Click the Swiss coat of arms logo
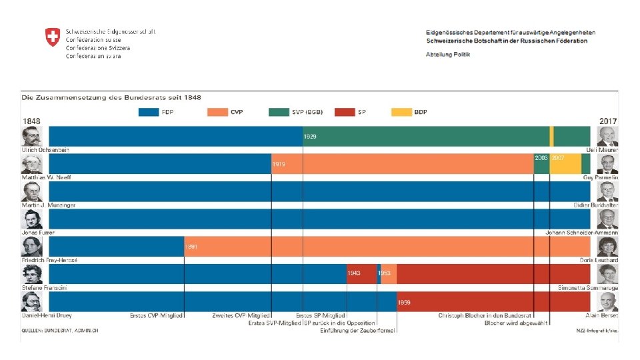tap(52, 37)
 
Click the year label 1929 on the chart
tap(310, 137)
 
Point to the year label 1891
tap(191, 247)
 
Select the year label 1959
tap(404, 302)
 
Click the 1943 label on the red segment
tap(354, 274)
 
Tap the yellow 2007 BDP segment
tap(565, 164)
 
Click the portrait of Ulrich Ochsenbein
tap(32, 137)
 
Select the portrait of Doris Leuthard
tap(607, 247)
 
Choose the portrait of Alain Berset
tap(607, 302)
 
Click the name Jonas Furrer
tap(38, 233)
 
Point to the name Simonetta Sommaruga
tap(588, 288)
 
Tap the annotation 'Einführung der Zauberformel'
tap(358, 331)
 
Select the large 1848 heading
tap(32, 121)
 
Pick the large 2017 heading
tap(607, 121)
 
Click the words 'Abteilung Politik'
tap(448, 54)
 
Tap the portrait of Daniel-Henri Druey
tap(32, 302)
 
